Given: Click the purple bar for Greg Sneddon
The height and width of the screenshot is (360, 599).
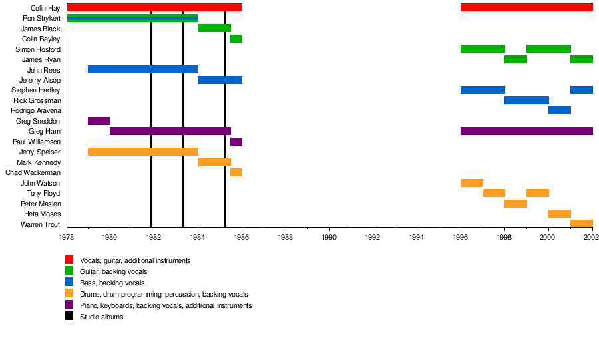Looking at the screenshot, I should click(x=99, y=121).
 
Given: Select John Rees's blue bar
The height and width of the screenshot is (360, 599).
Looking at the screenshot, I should click(x=142, y=69).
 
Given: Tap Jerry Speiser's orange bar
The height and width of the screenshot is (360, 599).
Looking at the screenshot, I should click(x=142, y=152).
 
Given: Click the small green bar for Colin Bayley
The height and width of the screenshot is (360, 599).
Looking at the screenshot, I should click(x=236, y=39).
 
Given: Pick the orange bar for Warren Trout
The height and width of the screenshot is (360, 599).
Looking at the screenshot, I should click(x=581, y=224).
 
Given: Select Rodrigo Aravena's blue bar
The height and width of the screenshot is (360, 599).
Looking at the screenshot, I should click(x=559, y=110).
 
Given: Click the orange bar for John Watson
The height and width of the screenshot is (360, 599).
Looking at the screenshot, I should click(x=471, y=183).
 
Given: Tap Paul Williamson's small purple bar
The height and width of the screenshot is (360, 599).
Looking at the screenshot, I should click(x=236, y=142).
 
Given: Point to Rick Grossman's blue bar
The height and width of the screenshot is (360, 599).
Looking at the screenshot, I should click(x=526, y=100).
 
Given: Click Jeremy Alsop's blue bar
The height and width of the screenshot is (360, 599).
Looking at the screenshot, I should click(x=220, y=80).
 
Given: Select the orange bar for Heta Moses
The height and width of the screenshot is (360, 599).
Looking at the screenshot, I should click(x=559, y=214).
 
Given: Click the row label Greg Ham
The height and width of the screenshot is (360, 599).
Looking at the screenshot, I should click(x=45, y=132).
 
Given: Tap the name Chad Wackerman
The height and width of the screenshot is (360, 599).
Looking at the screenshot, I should click(x=33, y=173).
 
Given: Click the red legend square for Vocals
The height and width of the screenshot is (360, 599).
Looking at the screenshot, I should click(x=69, y=260).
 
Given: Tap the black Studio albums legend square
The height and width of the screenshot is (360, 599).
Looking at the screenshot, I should click(x=69, y=316).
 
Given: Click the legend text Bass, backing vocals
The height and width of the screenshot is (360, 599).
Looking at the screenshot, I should click(x=112, y=283).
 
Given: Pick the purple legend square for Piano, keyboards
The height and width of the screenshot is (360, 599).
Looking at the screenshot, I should click(x=69, y=305).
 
